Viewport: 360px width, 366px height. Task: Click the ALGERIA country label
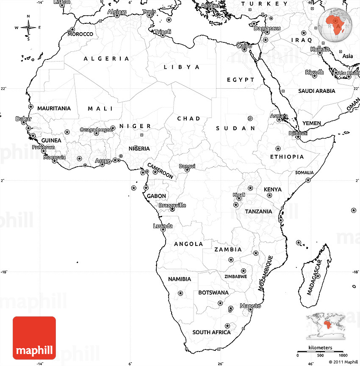(106, 59)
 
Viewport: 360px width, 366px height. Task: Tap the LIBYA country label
(182, 67)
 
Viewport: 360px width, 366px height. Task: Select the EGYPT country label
(241, 79)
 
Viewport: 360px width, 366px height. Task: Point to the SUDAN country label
(235, 128)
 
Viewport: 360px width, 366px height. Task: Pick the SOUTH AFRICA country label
(211, 332)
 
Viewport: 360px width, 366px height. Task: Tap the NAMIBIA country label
(180, 279)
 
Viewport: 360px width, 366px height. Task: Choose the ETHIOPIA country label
(287, 156)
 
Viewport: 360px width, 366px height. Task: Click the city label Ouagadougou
(97, 129)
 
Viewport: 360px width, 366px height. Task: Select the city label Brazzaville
(172, 205)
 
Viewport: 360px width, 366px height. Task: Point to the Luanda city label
(163, 226)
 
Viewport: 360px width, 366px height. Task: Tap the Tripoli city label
(163, 32)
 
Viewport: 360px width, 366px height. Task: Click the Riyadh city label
(314, 72)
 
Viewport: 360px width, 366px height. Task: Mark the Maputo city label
(250, 306)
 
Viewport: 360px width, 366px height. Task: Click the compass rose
(28, 28)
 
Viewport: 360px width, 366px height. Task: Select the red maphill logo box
(34, 338)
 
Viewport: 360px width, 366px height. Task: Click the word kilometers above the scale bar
(320, 348)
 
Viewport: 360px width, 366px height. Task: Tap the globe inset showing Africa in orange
(336, 24)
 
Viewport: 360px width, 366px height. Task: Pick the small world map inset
(327, 325)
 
